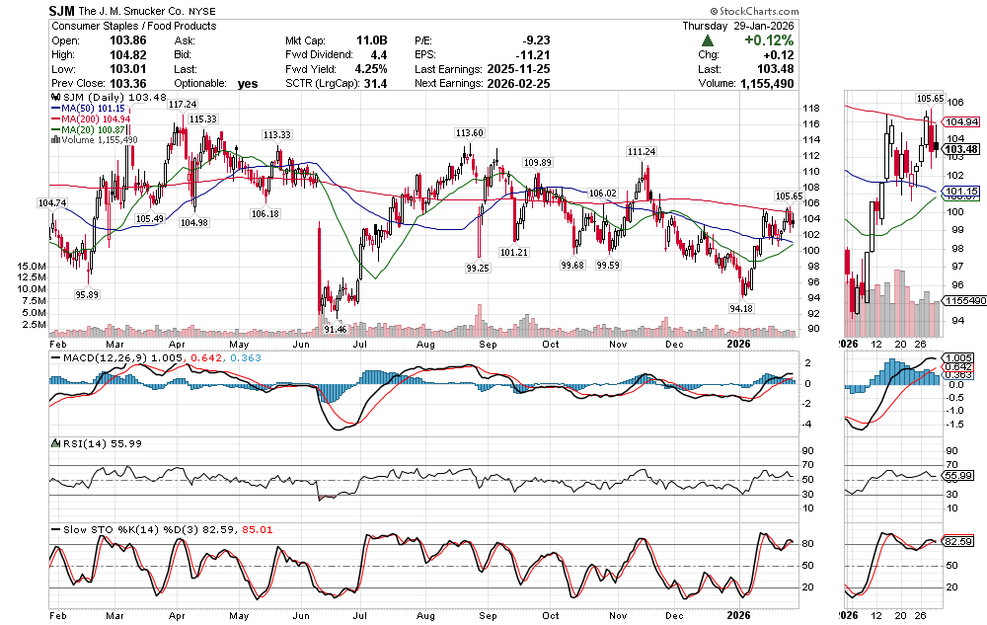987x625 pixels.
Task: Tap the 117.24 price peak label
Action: point(181,104)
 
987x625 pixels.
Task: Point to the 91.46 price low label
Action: point(335,329)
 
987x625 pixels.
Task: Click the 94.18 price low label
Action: point(740,308)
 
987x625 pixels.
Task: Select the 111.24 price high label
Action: point(641,151)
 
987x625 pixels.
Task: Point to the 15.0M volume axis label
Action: point(31,267)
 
